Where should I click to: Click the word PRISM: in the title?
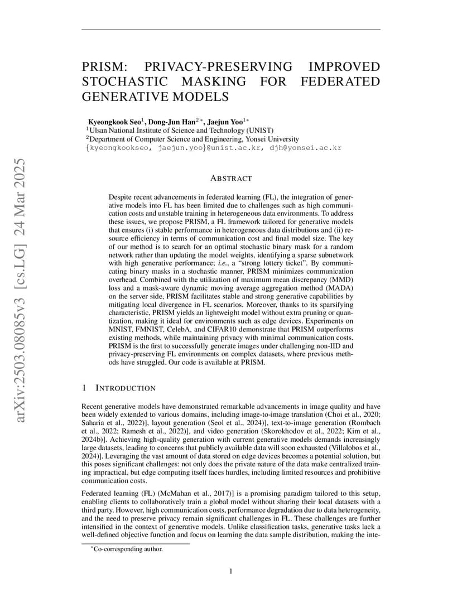coord(105,67)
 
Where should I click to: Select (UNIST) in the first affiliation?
coord(256,131)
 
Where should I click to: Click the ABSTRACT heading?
coord(230,179)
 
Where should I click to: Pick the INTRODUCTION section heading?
coord(126,388)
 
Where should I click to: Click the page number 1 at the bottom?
coord(230,571)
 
